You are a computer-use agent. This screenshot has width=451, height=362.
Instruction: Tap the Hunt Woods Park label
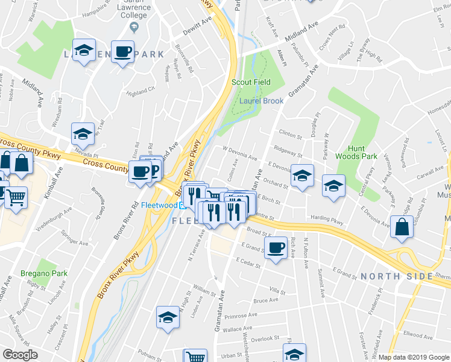click(x=363, y=151)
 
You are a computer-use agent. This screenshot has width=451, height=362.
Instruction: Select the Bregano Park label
click(x=42, y=273)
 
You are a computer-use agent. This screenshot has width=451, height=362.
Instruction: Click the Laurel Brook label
click(x=261, y=101)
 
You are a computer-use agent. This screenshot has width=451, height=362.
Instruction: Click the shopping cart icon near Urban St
click(x=195, y=357)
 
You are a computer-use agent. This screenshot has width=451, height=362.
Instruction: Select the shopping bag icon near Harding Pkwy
click(x=402, y=227)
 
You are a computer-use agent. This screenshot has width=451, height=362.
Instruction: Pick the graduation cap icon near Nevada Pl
click(x=83, y=132)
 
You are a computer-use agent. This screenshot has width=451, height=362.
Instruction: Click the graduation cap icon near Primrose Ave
click(x=167, y=316)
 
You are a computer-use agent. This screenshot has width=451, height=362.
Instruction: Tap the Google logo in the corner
click(x=20, y=355)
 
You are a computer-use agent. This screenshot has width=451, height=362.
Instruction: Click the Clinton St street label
click(x=289, y=136)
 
